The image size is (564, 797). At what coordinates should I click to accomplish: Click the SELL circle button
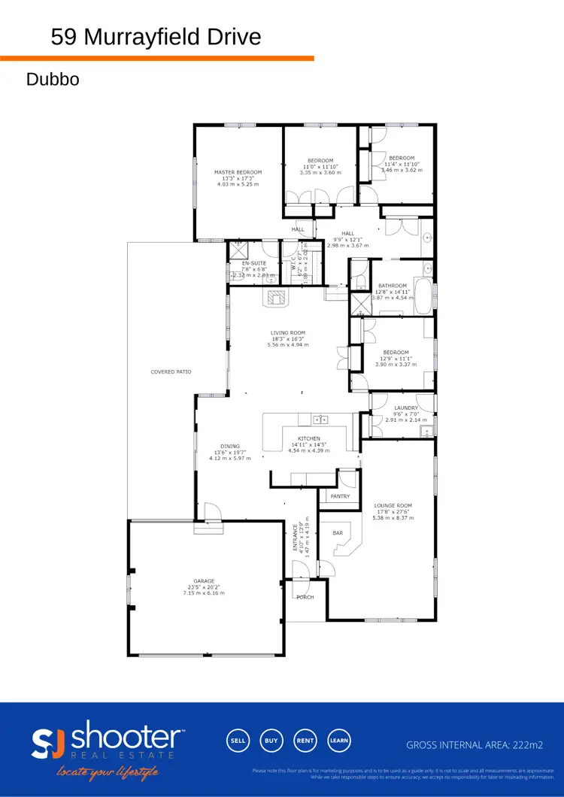pos(238,740)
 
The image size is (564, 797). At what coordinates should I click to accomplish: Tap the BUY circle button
pos(271,740)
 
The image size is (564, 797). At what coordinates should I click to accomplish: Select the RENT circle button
pos(305,740)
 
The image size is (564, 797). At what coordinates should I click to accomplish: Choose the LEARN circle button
pos(338,740)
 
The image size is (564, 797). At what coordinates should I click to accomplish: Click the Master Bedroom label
pos(238,172)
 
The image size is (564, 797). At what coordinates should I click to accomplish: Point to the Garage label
pos(204,581)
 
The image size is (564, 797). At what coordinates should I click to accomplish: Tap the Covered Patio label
pos(171,372)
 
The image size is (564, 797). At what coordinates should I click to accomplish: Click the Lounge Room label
pos(394,506)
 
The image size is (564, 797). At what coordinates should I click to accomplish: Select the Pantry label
pos(341,496)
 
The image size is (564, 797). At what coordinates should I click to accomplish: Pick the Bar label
pos(338,533)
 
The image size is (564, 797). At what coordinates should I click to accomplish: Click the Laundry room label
pos(406,408)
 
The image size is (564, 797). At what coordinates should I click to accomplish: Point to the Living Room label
pos(288,332)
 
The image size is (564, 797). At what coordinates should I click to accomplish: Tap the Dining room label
pos(230,447)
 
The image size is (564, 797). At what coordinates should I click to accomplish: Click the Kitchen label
pos(309,438)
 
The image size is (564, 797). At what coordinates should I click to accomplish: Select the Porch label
pos(305,598)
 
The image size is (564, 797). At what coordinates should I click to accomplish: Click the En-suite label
pos(244,263)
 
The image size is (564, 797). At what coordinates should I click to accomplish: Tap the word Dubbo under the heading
pos(53,79)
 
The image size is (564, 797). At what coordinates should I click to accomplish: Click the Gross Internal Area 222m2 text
pos(475,745)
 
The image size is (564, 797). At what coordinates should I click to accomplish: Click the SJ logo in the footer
pos(50,743)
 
